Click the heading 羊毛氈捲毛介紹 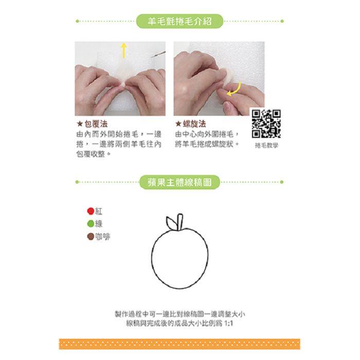coord(179,22)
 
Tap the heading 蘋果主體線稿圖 coord(179,182)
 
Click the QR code coord(266,124)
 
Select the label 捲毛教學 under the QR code coord(266,146)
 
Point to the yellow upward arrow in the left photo coord(124,50)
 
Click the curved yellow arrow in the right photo coord(235,89)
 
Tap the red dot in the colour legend coord(91,211)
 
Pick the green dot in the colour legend coord(91,224)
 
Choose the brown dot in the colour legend coord(91,237)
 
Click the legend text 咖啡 coord(103,237)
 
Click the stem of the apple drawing coord(180,222)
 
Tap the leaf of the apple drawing coord(171,223)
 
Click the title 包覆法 coord(96,124)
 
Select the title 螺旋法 coord(194,124)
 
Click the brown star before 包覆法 coord(80,124)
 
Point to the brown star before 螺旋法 coord(178,124)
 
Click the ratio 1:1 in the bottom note coord(228,323)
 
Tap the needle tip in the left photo coord(152,57)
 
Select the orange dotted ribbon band coord(179,344)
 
